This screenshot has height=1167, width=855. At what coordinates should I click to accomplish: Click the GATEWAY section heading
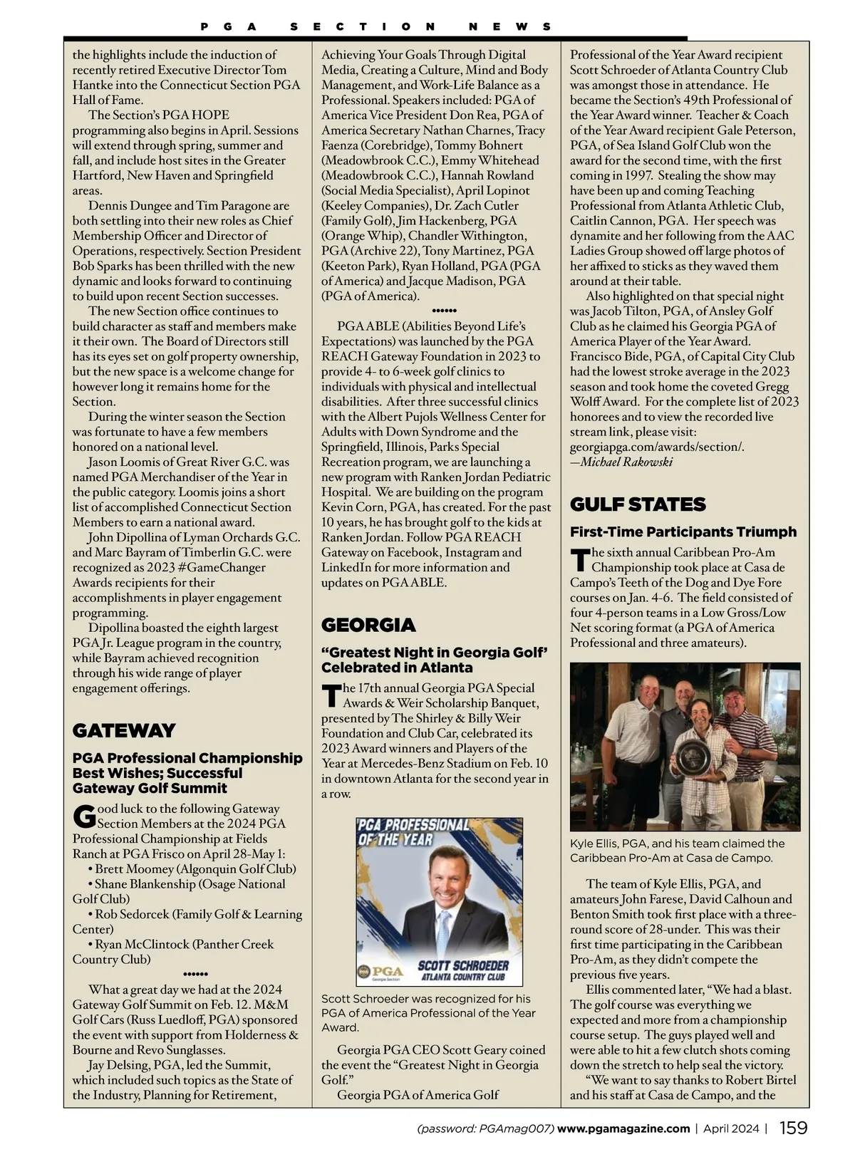[x=124, y=730]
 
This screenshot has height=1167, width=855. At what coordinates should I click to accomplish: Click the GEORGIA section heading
[x=368, y=625]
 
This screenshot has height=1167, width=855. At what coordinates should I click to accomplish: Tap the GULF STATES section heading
[x=638, y=504]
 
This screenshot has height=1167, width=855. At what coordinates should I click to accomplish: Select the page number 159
[x=793, y=1128]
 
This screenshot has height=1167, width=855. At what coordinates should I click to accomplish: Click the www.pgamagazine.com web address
[x=623, y=1129]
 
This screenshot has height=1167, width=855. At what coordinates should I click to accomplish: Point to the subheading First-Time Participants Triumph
[x=683, y=531]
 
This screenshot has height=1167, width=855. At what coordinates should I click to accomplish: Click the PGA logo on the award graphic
[x=381, y=972]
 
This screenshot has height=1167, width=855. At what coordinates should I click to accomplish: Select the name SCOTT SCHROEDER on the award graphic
[x=463, y=965]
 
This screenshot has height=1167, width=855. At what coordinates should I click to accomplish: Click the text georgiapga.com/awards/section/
[x=657, y=447]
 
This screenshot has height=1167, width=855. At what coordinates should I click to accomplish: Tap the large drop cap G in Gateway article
[x=84, y=816]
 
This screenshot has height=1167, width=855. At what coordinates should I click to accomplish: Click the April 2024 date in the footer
[x=732, y=1129]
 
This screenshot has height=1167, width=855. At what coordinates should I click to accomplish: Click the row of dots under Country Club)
[x=195, y=974]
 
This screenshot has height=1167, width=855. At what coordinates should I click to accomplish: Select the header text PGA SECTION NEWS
[x=375, y=26]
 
